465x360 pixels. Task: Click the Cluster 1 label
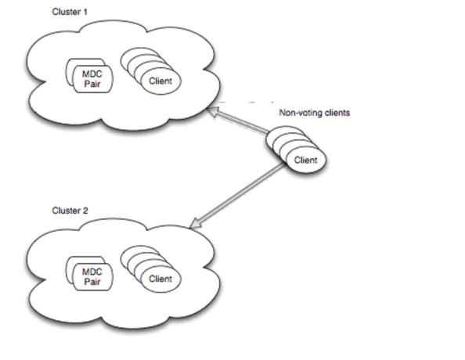[x=70, y=12]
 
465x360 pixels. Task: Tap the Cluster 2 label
[x=70, y=211]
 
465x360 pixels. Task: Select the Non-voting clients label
[x=315, y=113]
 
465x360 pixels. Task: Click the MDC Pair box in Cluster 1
[x=93, y=79]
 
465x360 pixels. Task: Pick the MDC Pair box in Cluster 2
[x=93, y=277]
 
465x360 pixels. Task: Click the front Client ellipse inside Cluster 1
[x=160, y=81]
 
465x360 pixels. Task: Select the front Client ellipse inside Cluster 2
[x=160, y=279]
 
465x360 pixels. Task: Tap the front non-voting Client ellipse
[x=306, y=160]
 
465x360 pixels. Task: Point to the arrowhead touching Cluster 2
[x=195, y=224]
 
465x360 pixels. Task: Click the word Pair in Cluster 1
[x=92, y=84]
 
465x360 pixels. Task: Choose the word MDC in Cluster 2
[x=92, y=272]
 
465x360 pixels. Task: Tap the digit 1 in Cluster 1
[x=85, y=12]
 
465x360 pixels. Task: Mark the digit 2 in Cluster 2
[x=85, y=211]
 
